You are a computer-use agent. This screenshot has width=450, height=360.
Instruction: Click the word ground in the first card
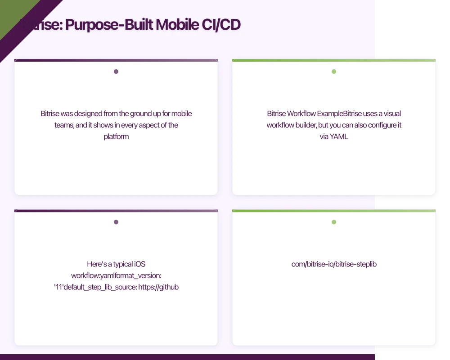coord(144,114)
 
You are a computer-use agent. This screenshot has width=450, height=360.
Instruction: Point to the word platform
coord(116,136)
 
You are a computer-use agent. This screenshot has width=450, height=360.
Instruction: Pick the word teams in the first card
coord(64,125)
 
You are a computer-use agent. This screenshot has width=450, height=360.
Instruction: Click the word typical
coord(120,264)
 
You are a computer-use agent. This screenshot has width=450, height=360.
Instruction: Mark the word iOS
coord(140,264)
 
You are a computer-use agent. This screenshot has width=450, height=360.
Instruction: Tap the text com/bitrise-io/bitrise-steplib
coord(334,264)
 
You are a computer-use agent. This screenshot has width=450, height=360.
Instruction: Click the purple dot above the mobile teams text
coord(116,72)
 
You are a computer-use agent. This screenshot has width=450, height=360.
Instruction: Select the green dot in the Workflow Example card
coord(334,72)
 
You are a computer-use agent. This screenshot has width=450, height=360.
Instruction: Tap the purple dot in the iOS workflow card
coord(116,222)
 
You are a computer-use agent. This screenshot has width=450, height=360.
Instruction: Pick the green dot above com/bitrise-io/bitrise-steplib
coord(334,222)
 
